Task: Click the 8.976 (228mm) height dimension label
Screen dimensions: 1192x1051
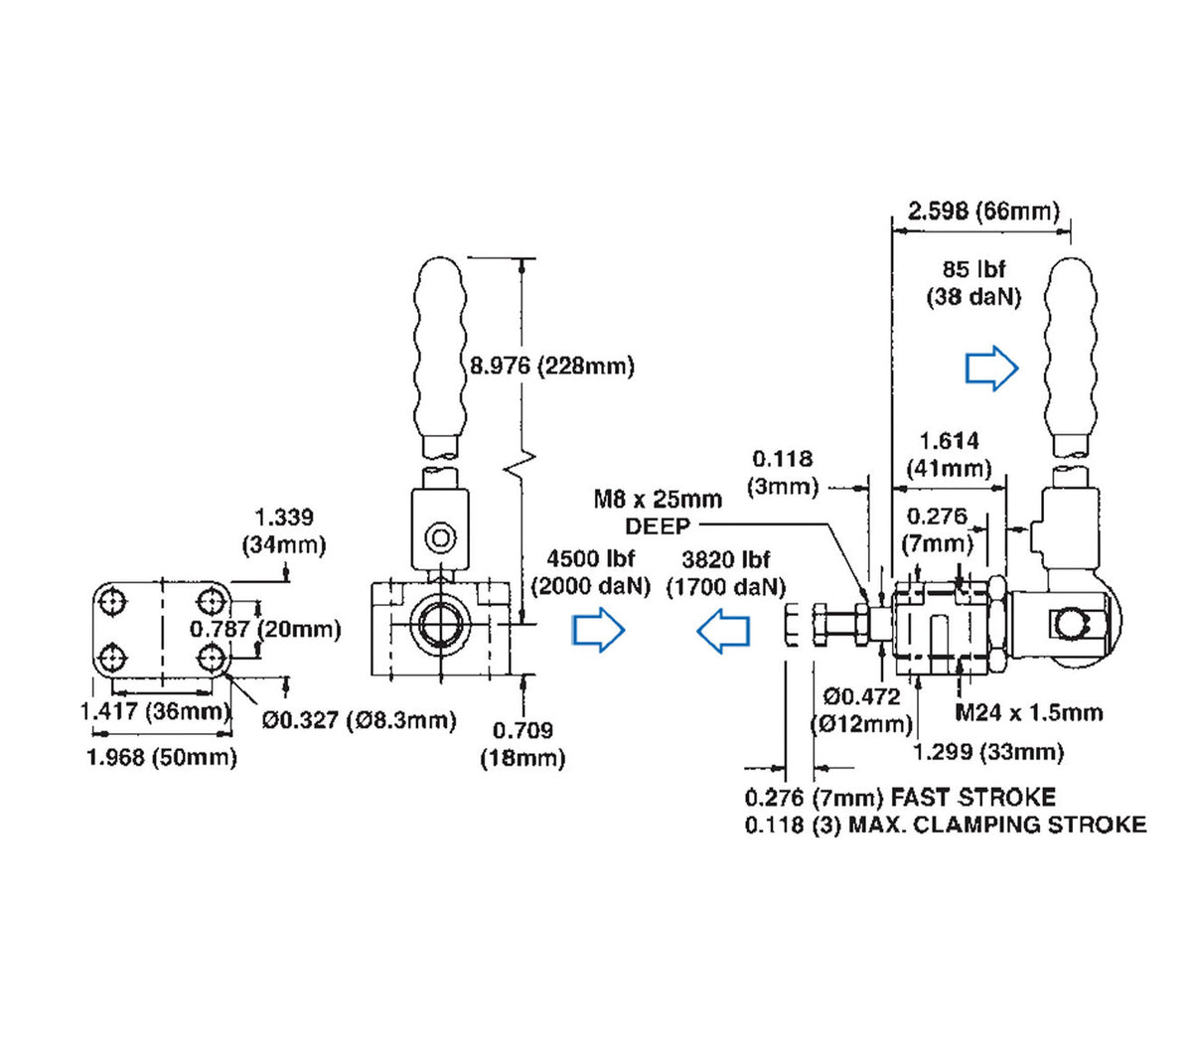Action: [552, 366]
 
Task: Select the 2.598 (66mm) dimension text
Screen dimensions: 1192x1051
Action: [983, 211]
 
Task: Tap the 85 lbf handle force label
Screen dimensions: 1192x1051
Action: [973, 283]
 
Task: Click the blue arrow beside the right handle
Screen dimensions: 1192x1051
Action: [992, 369]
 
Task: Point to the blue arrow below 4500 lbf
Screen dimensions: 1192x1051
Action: [598, 630]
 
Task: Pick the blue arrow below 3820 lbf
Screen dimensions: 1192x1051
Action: [723, 631]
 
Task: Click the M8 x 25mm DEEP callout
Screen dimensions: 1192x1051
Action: [658, 512]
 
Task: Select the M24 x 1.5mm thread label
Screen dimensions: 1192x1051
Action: [1028, 712]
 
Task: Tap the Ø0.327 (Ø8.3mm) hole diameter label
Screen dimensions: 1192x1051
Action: [359, 719]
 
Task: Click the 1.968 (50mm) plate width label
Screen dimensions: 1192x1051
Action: [162, 757]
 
